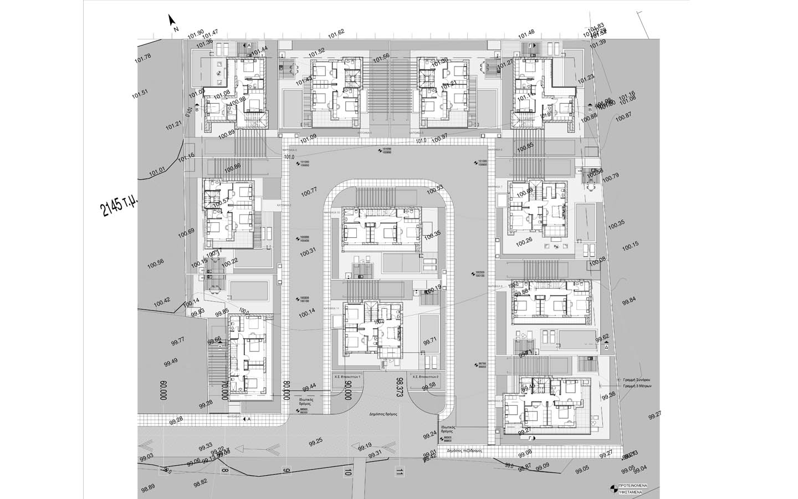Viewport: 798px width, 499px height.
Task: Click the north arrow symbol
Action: (x=173, y=21)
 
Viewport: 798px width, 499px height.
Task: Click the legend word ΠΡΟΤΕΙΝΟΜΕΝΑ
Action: (x=631, y=486)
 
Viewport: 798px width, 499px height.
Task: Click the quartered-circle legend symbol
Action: (x=612, y=488)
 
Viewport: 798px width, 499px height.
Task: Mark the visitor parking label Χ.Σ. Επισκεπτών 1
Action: (x=347, y=376)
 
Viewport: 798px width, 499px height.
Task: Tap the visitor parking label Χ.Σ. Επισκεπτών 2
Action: (x=425, y=376)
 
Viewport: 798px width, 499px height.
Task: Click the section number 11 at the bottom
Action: (x=398, y=472)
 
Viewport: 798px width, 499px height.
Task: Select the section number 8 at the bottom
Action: (x=224, y=471)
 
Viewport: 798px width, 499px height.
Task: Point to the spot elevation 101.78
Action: (x=143, y=58)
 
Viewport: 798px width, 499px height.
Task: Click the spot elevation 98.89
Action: (x=148, y=488)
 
